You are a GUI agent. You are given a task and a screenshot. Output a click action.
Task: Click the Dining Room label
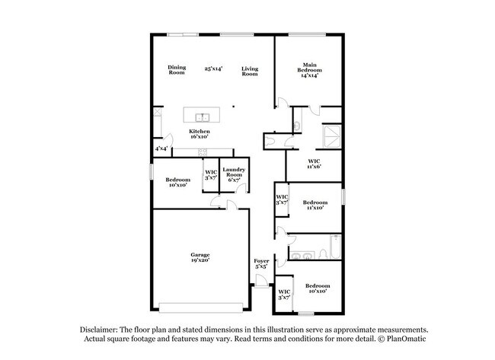pos(177,70)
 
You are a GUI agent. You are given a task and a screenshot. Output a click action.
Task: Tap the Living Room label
pos(250,72)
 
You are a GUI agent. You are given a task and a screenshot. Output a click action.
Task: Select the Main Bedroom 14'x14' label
pos(308,70)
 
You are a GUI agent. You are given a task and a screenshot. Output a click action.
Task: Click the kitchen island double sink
pos(203,117)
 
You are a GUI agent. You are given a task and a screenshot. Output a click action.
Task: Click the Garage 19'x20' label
pos(200,257)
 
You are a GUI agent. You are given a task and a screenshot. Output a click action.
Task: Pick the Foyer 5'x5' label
pos(260,264)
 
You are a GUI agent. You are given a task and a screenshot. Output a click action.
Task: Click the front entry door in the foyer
pos(261,284)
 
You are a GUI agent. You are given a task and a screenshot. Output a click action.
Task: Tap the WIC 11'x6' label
pos(314,163)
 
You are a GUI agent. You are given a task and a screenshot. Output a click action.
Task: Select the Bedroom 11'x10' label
pos(315,205)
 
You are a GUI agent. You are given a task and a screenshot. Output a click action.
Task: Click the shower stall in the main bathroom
pos(331,135)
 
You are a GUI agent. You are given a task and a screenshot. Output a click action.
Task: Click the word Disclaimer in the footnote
pos(101,330)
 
